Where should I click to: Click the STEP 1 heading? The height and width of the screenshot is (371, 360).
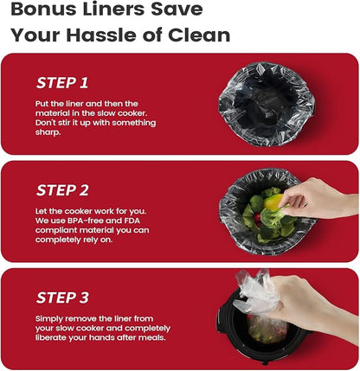pyautogui.click(x=62, y=83)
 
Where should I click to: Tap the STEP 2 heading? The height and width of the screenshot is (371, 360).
pyautogui.click(x=62, y=190)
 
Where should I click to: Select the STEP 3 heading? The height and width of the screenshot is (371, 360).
pyautogui.click(x=62, y=297)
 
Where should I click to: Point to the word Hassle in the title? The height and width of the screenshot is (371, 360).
pyautogui.click(x=102, y=35)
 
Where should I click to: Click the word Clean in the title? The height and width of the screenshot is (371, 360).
pyautogui.click(x=199, y=35)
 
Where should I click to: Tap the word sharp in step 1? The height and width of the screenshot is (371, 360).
pyautogui.click(x=48, y=132)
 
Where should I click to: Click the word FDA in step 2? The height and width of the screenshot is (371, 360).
pyautogui.click(x=132, y=221)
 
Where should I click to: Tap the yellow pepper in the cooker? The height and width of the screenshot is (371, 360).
pyautogui.click(x=273, y=201)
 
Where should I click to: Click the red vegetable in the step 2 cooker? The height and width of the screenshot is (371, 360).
pyautogui.click(x=257, y=219)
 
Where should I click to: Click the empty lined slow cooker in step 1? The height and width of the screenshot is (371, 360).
pyautogui.click(x=266, y=104)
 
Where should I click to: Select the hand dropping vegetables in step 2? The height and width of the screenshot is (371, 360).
pyautogui.click(x=318, y=199)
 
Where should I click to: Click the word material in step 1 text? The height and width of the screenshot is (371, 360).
pyautogui.click(x=51, y=113)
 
